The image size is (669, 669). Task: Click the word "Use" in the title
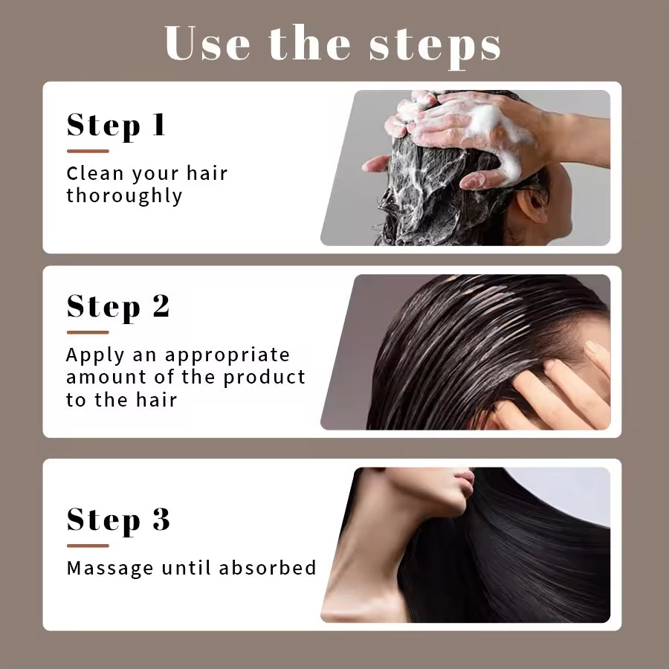tap(209, 44)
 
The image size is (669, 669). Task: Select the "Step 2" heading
tap(118, 306)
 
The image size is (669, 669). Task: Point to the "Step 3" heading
tap(118, 520)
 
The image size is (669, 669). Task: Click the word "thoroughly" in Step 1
tap(124, 196)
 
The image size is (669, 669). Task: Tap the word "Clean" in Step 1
tap(95, 174)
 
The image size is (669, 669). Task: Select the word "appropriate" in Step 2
tap(227, 355)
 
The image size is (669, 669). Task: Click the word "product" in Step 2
tap(265, 377)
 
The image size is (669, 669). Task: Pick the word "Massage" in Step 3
tap(109, 568)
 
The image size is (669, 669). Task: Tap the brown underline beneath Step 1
tap(88, 151)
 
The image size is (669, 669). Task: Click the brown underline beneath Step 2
tap(88, 332)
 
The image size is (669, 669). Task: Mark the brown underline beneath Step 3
tap(88, 546)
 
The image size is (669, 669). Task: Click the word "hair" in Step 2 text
tap(156, 400)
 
